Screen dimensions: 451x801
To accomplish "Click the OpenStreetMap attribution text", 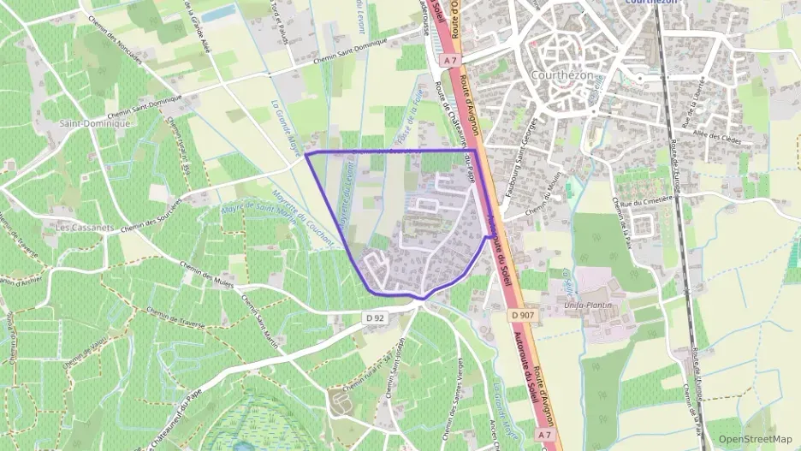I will click(755, 439).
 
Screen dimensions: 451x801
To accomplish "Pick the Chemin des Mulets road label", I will click(213, 279).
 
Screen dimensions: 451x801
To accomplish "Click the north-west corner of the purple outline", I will click(306, 155).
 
